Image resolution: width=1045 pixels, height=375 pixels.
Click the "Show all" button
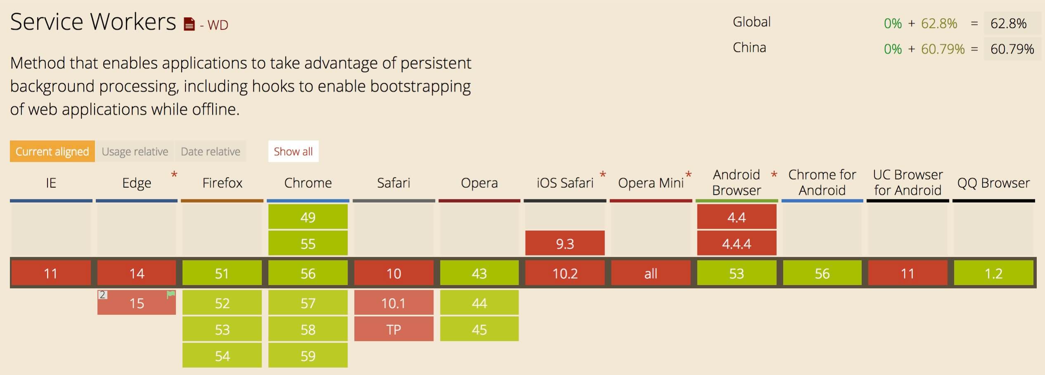(293, 151)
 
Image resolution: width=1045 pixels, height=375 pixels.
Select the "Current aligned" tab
(52, 151)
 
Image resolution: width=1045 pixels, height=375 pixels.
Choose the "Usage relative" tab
(135, 151)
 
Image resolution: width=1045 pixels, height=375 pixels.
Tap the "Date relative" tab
(211, 151)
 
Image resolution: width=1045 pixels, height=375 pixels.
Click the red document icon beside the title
(189, 24)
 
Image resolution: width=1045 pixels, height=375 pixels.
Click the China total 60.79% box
(1012, 49)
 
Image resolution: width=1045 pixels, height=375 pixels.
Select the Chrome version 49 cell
(308, 217)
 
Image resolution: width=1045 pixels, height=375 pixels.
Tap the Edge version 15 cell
(137, 302)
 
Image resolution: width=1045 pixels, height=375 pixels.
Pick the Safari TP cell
(394, 329)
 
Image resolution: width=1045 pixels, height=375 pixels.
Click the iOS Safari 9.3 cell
(565, 243)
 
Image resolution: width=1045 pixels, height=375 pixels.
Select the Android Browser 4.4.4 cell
(737, 243)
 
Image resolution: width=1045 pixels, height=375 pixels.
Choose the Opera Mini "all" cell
(651, 273)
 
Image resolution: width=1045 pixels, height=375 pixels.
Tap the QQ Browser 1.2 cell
(993, 273)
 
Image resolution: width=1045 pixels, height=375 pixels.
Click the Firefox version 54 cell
(222, 355)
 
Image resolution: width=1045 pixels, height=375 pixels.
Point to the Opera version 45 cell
(479, 329)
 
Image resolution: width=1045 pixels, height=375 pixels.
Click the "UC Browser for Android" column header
(908, 182)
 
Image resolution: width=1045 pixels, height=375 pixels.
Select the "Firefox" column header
(222, 183)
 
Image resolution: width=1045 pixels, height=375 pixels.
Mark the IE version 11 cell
(51, 273)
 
